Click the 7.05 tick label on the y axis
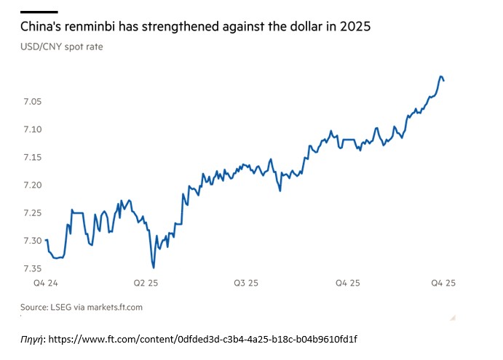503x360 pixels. (x=32, y=101)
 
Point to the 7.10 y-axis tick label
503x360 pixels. (x=32, y=129)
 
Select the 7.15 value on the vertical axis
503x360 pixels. (x=32, y=157)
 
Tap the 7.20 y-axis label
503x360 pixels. (x=32, y=185)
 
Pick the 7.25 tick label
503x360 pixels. (x=32, y=212)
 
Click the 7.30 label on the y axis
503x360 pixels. (x=32, y=240)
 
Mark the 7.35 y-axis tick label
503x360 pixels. (x=32, y=268)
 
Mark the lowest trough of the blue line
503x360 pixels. (x=154, y=267)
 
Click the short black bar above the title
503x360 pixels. (x=39, y=11)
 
